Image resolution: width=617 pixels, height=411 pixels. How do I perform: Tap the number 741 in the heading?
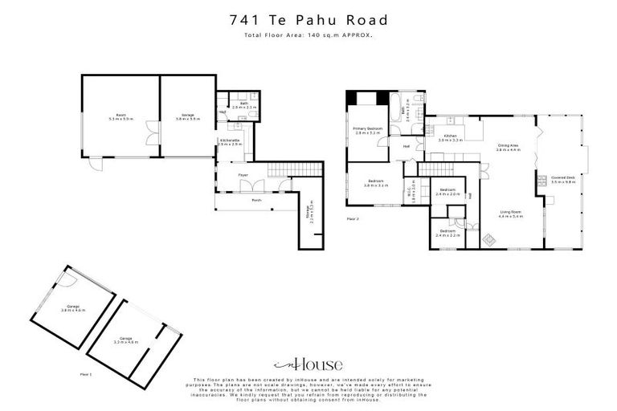pos(245,20)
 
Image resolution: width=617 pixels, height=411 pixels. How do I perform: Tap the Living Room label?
pos(511,214)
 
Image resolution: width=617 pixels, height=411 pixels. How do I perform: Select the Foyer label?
pos(243,175)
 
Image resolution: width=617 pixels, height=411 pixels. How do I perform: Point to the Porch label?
pos(257,200)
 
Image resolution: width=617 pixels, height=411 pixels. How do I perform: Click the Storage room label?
pos(308,213)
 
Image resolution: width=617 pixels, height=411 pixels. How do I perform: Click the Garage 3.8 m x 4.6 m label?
pos(72,308)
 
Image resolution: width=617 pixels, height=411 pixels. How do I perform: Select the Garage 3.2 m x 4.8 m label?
pos(126,340)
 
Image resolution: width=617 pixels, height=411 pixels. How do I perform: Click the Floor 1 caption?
pos(86,374)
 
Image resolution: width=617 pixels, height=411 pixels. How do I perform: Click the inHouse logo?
pos(308,364)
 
